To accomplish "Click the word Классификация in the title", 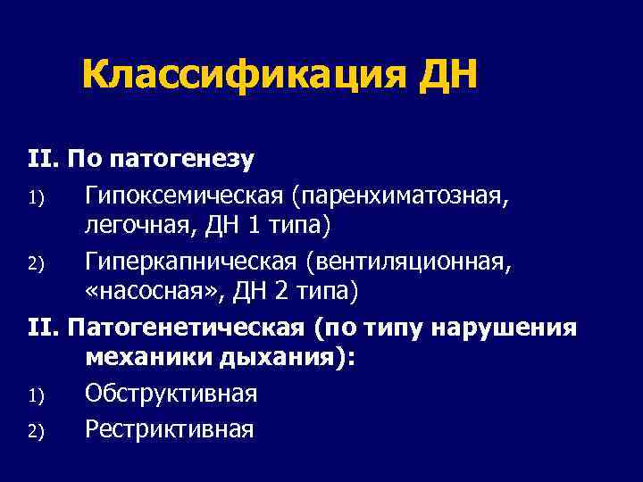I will pos(242,76).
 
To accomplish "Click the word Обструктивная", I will pos(171,394).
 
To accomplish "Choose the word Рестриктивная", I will pos(170,428).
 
